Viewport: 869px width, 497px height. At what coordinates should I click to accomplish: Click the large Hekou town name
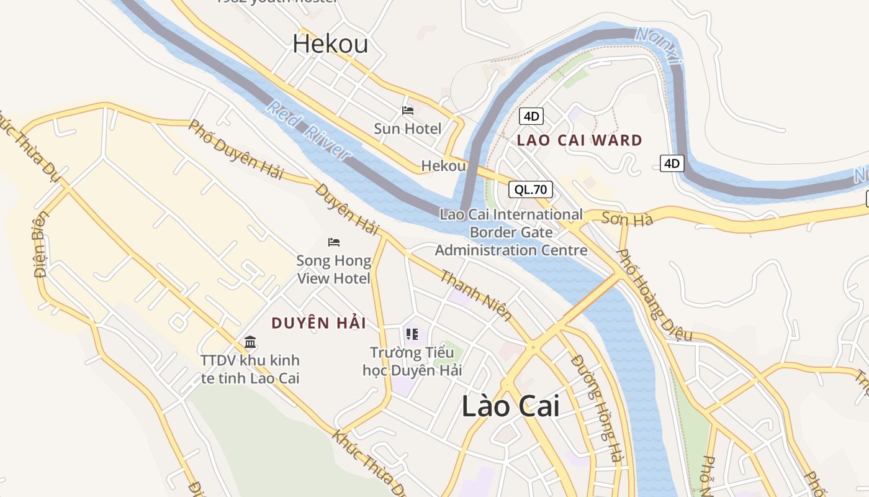pyautogui.click(x=330, y=44)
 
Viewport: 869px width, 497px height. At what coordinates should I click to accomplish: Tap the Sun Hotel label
pyautogui.click(x=408, y=129)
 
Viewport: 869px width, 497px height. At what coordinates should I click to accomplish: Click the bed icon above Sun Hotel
pyautogui.click(x=408, y=111)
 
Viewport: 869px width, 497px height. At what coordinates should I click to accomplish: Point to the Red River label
pyautogui.click(x=309, y=131)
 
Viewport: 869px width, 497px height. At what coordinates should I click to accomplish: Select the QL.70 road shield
pyautogui.click(x=530, y=189)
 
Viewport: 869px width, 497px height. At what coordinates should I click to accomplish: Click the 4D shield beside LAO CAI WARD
pyautogui.click(x=531, y=116)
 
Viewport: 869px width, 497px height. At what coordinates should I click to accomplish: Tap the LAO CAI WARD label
pyautogui.click(x=580, y=140)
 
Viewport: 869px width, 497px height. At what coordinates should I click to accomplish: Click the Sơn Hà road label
pyautogui.click(x=618, y=219)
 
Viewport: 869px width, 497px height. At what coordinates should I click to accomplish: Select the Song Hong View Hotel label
pyautogui.click(x=334, y=269)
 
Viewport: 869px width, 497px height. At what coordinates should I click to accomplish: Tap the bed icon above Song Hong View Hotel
pyautogui.click(x=334, y=242)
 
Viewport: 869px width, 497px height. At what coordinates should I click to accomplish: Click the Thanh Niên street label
pyautogui.click(x=476, y=295)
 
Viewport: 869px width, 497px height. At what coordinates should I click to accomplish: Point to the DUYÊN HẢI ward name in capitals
pyautogui.click(x=318, y=323)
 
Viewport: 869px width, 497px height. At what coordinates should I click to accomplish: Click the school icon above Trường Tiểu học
pyautogui.click(x=412, y=335)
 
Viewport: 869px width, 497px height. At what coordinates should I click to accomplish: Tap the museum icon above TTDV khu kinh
pyautogui.click(x=250, y=342)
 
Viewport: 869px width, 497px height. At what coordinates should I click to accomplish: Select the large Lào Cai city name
pyautogui.click(x=510, y=406)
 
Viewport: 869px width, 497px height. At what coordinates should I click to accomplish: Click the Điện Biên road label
pyautogui.click(x=41, y=245)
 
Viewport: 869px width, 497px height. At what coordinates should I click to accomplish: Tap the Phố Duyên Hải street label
pyautogui.click(x=236, y=150)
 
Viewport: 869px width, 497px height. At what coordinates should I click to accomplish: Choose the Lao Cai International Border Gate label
pyautogui.click(x=511, y=232)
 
